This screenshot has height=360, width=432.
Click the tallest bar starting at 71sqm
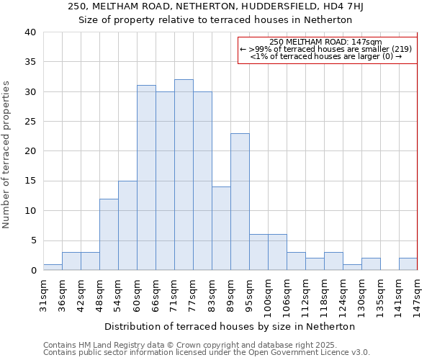(x=184, y=175)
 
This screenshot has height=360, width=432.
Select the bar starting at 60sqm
(x=146, y=178)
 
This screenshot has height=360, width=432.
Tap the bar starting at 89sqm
(x=240, y=202)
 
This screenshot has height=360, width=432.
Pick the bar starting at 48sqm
(x=109, y=235)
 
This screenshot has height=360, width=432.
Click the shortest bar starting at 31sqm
(x=53, y=267)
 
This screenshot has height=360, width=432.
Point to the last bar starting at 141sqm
(x=408, y=264)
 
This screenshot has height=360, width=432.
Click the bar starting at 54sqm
(x=127, y=225)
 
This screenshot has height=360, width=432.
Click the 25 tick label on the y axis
(x=30, y=122)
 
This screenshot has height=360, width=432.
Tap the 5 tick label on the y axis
(x=33, y=240)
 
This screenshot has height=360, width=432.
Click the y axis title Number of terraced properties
(x=6, y=155)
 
